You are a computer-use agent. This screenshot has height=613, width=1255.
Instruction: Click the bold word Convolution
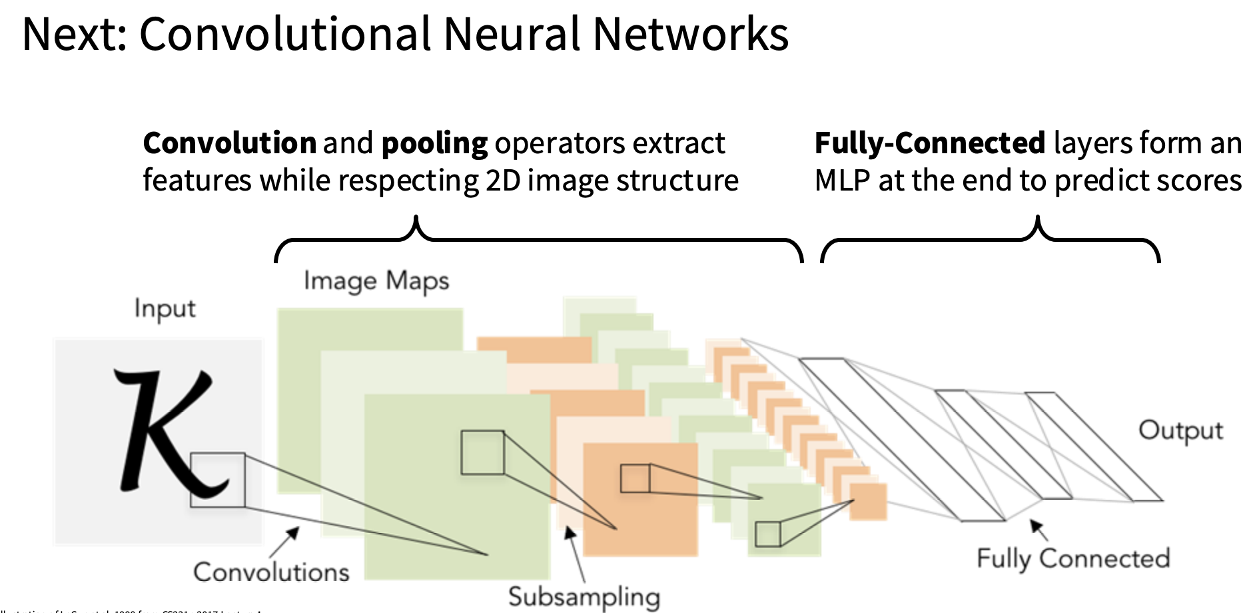(x=229, y=143)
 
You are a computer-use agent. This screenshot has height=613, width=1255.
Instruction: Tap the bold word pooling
(x=434, y=144)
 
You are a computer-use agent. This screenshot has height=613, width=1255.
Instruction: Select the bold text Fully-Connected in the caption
(x=930, y=143)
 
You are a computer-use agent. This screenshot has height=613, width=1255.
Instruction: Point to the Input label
(x=165, y=308)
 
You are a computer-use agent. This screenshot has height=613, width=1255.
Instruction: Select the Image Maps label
(x=376, y=281)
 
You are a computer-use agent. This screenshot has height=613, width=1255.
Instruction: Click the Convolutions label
(x=271, y=572)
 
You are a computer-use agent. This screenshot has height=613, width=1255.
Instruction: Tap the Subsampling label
(x=584, y=596)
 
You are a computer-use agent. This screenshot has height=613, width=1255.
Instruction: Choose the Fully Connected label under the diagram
(x=1073, y=558)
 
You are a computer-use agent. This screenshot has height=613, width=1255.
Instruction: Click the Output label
(x=1180, y=430)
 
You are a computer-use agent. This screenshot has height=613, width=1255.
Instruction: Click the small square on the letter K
(x=217, y=480)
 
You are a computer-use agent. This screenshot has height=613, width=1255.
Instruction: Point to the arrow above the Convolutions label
(x=285, y=541)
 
